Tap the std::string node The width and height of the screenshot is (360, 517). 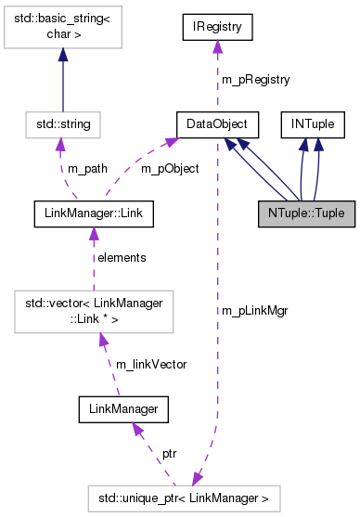tap(62, 122)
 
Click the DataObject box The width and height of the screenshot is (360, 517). tap(215, 122)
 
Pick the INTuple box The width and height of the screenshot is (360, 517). tap(315, 122)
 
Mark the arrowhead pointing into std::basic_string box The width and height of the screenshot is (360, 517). tap(62, 57)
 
